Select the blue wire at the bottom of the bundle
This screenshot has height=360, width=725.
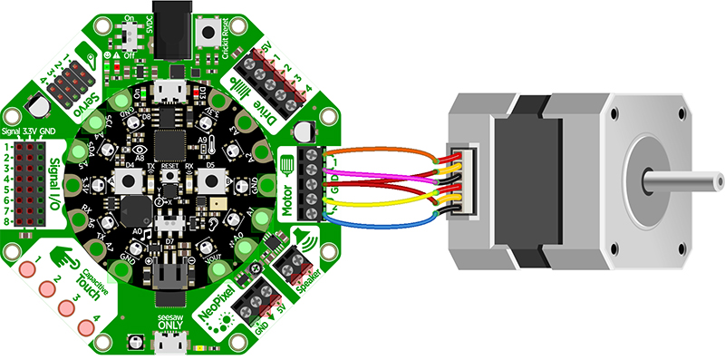point(381,220)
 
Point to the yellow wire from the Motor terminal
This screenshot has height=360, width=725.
point(381,204)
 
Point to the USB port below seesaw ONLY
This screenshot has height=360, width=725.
point(168,345)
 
